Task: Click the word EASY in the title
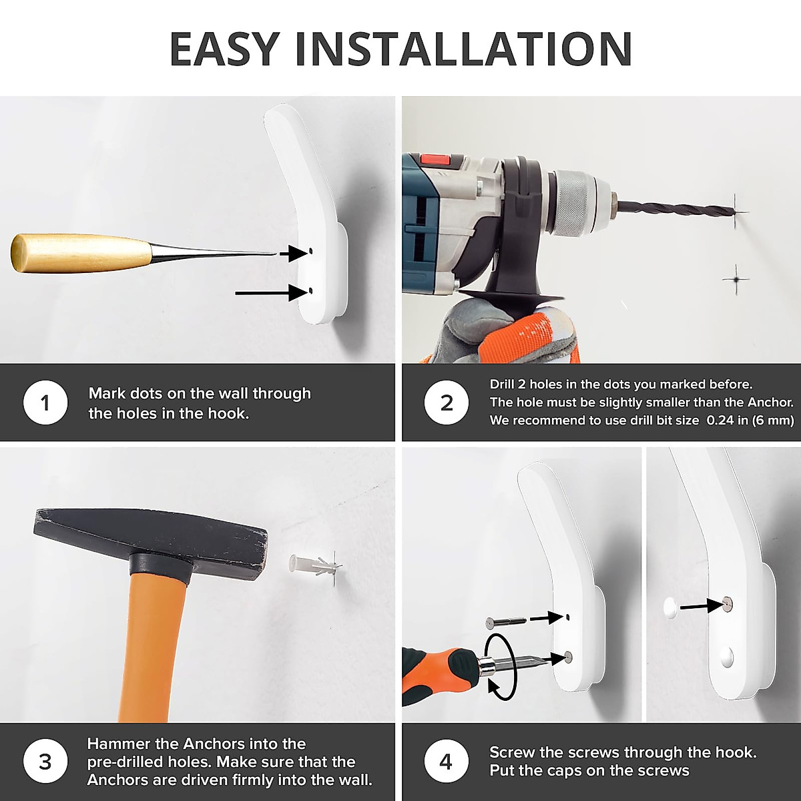point(224,49)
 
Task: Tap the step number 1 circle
point(45,403)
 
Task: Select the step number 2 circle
point(447,403)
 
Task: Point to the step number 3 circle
point(45,762)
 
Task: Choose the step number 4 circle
point(447,762)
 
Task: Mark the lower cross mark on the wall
point(736,279)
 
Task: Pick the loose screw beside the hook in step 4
point(506,622)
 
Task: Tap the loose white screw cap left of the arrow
point(670,607)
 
